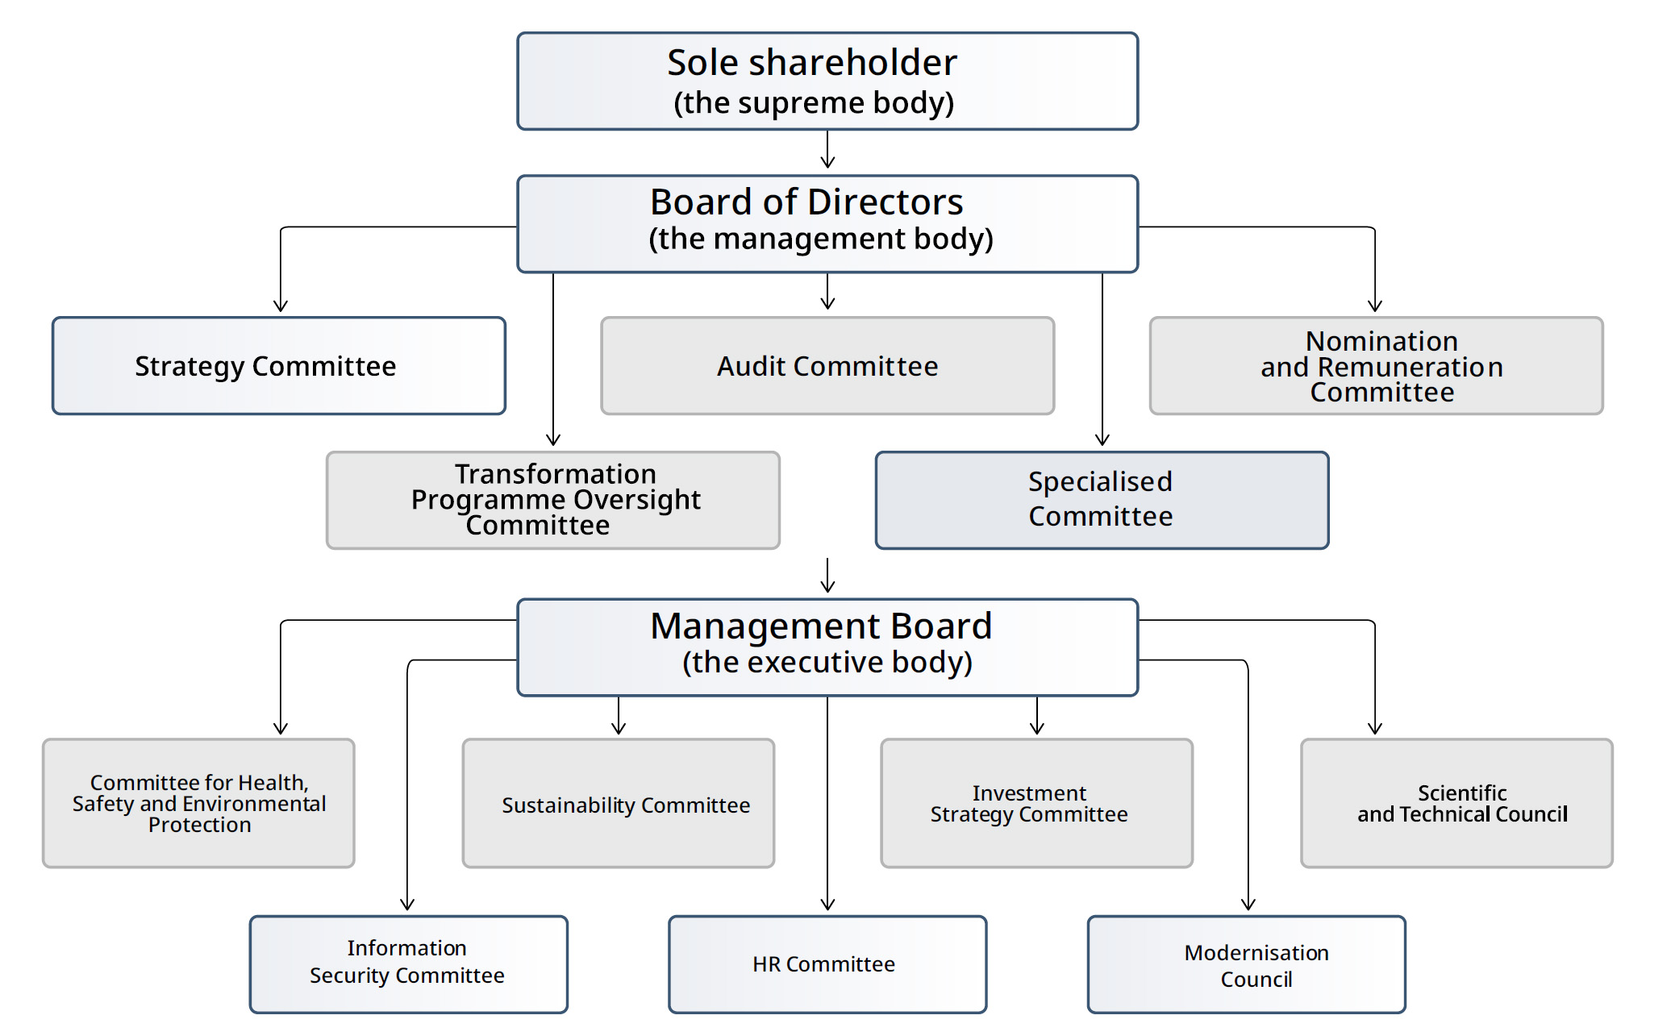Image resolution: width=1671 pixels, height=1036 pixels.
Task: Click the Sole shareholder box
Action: coord(827,81)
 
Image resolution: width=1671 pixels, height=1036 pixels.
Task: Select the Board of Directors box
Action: coord(827,223)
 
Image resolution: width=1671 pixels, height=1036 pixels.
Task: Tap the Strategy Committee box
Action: coord(278,365)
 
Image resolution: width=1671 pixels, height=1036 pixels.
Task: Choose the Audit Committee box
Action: coord(827,365)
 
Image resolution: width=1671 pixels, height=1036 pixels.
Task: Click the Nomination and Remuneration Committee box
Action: coord(1375,365)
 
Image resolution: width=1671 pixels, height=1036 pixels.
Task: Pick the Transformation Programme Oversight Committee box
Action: coord(552,500)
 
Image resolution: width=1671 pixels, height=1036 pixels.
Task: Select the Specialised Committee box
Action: coord(1101,500)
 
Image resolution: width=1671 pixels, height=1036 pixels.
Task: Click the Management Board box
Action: coord(827,647)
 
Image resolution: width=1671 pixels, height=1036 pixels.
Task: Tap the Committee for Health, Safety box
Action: coord(198,803)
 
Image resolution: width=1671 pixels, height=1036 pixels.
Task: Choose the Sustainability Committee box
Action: coord(618,803)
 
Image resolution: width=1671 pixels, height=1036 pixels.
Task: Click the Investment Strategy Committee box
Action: coord(1036,803)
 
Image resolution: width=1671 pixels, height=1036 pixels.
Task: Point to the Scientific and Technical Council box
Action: coord(1456,803)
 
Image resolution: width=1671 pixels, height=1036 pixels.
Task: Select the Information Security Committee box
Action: coord(408,963)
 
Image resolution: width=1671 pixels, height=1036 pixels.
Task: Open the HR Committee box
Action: coord(827,963)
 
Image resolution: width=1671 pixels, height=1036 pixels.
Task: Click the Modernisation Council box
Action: coord(1246,963)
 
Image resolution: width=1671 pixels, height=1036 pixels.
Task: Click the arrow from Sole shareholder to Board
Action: coord(827,150)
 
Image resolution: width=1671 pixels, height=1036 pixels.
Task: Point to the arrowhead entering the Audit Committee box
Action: coord(827,304)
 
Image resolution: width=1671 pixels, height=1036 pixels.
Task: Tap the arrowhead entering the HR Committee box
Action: coord(827,905)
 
